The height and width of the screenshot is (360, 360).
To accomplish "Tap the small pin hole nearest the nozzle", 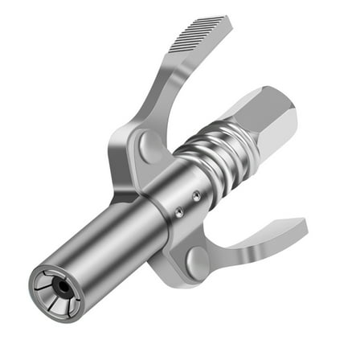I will point(181,212).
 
